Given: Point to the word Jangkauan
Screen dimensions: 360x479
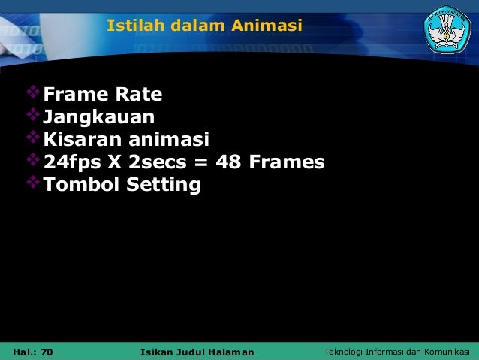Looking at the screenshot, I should (x=99, y=117).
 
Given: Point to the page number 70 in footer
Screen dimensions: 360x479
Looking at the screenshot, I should (x=47, y=352).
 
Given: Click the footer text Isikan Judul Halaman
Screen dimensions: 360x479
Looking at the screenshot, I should (x=197, y=352).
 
